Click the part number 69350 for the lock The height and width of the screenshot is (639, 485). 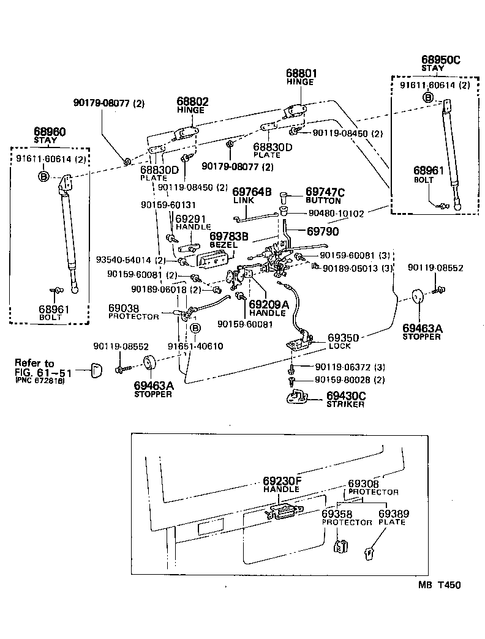343,337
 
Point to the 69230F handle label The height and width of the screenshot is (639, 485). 282,481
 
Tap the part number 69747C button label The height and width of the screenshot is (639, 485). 325,192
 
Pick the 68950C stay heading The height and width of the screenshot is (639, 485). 440,59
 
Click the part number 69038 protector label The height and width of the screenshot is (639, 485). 124,308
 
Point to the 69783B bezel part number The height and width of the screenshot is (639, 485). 229,235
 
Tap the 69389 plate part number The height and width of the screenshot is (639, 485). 393,514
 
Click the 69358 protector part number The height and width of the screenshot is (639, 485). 337,514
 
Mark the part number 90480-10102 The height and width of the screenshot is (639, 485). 336,214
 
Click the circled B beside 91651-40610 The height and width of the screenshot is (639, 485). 196,329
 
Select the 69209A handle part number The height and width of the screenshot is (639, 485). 268,303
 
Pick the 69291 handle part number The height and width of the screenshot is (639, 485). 193,219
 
